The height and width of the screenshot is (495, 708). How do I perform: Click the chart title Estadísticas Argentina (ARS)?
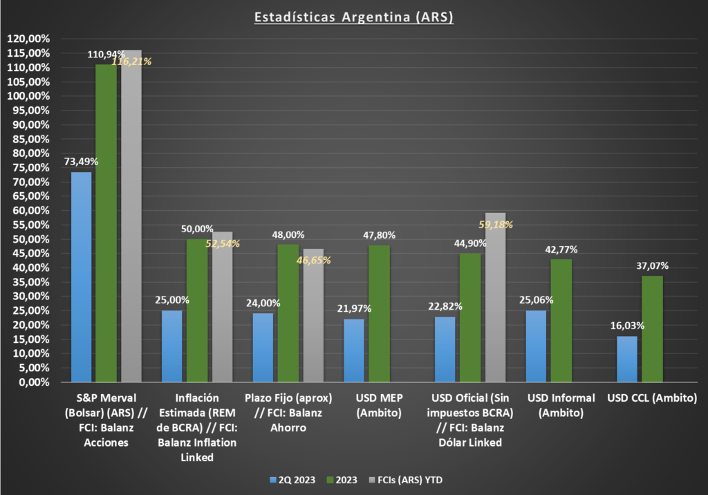coord(353,17)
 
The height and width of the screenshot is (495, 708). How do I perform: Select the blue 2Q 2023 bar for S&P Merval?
coord(82,277)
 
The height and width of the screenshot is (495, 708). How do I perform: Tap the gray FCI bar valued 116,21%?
coord(131,216)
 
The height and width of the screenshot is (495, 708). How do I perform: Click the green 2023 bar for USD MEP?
coord(380,313)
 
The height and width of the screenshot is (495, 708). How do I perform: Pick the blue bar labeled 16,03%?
coord(626,359)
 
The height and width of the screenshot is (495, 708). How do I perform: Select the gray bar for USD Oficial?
coord(495,297)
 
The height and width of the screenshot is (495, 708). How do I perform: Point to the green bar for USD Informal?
coord(561,321)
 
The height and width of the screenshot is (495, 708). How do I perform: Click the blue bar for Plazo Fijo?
coord(263,348)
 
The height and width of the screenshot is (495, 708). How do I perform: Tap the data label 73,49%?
coord(82,162)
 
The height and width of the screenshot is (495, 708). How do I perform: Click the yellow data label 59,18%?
coord(496,225)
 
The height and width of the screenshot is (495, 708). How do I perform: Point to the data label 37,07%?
coord(653,265)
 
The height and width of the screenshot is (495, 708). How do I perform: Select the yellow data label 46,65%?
coord(314,260)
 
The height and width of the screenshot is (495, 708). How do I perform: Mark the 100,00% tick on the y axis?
coord(28,96)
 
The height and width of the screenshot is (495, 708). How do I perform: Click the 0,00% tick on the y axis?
coord(35,382)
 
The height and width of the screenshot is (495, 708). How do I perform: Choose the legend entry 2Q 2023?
coord(292,480)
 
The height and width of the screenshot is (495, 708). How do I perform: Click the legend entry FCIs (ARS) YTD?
coord(406,480)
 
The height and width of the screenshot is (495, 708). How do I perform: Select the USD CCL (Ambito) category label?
coord(652,398)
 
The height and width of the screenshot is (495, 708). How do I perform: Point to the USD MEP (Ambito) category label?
coord(379,405)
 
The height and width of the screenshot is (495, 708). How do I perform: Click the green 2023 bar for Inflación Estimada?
coord(197,310)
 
